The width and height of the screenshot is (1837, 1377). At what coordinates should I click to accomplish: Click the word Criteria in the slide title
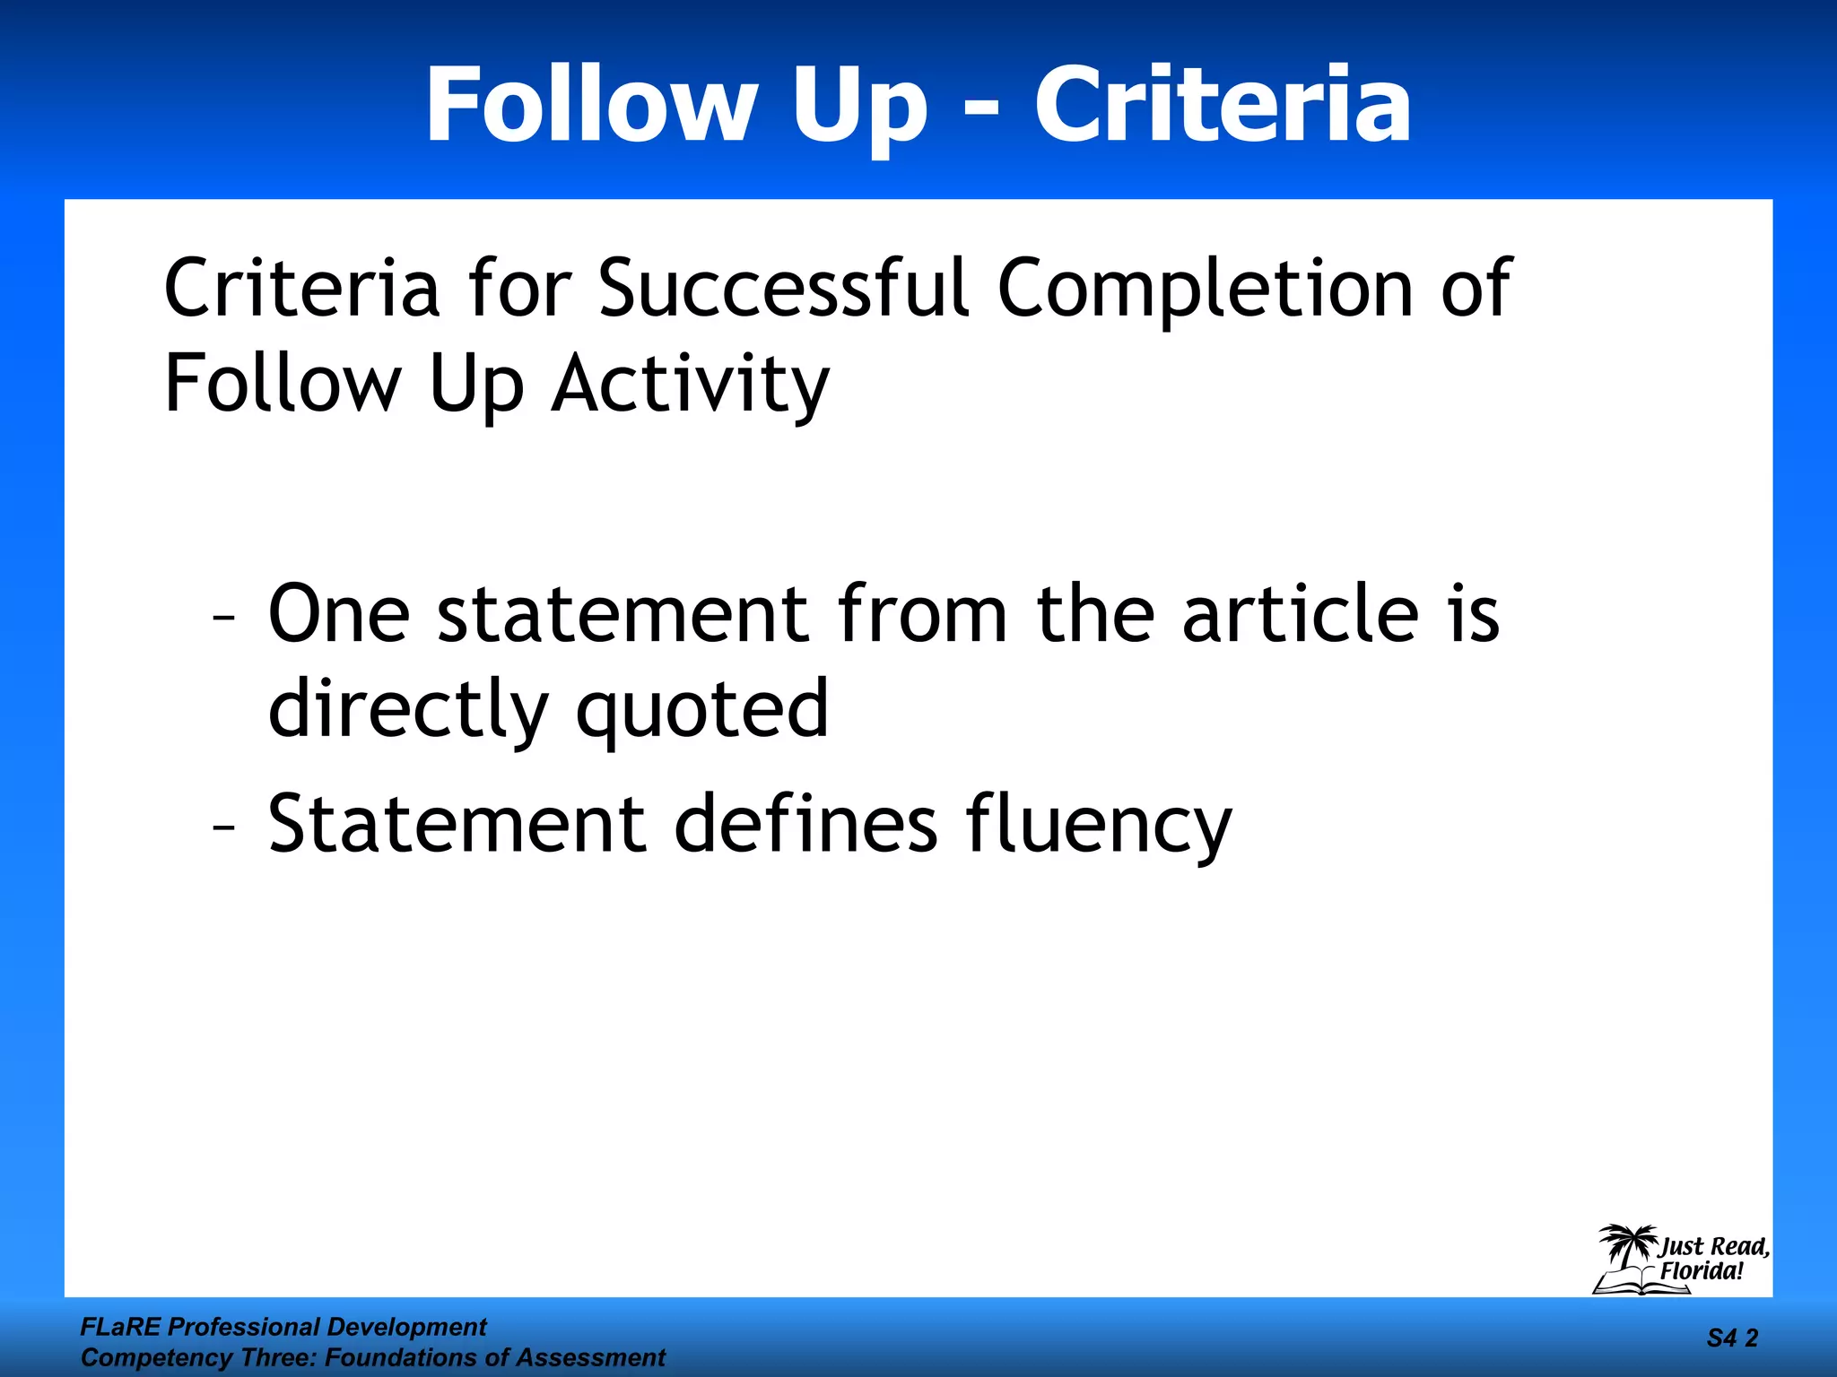click(1223, 105)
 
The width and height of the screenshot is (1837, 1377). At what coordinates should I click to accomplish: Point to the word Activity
click(690, 385)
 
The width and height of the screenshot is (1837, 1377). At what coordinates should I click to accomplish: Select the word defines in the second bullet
click(805, 823)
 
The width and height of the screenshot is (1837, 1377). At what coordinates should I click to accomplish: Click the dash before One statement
click(224, 618)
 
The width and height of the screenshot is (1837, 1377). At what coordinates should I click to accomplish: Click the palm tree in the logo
click(1626, 1248)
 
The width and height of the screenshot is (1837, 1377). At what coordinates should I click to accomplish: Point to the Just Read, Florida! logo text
click(1712, 1259)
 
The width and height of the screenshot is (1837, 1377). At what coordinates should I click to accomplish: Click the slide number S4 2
click(1732, 1338)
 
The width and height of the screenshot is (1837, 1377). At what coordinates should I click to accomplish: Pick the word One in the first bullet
click(339, 614)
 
